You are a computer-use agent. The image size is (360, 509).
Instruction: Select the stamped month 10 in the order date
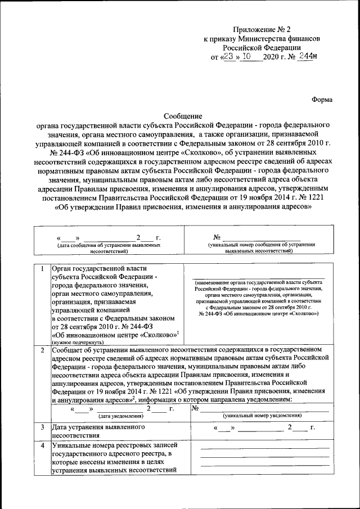coord(246,56)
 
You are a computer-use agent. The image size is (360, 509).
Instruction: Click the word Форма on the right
coord(322,100)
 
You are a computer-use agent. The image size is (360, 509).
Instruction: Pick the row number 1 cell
coord(42,267)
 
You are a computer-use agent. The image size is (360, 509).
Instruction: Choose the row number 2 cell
coord(42,350)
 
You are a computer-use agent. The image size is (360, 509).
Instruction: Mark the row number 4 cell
coord(42,445)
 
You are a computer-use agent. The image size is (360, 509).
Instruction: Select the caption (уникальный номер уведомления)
coord(262,416)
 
